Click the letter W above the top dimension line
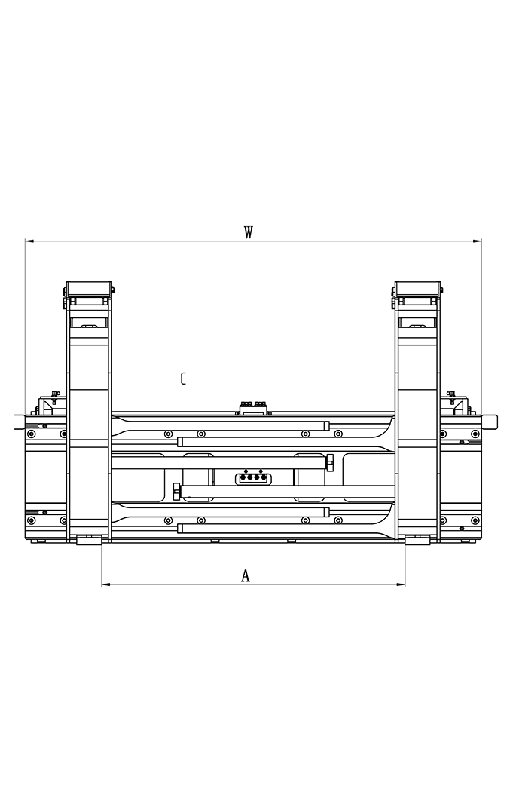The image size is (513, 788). point(248,232)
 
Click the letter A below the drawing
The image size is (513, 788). point(246,575)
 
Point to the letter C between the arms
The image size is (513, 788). point(184,379)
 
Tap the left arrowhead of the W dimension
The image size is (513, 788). point(29,241)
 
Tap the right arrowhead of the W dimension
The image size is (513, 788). point(477,241)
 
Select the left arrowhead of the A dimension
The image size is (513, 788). point(106,584)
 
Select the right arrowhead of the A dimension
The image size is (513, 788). point(401,584)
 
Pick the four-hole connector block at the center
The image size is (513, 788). point(253,478)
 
